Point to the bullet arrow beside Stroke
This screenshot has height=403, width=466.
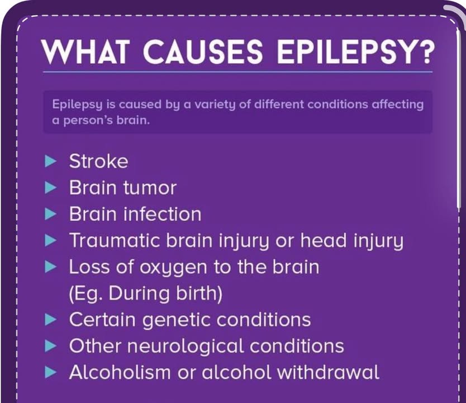click(50, 161)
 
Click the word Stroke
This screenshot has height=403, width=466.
click(99, 161)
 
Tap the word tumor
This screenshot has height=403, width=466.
click(150, 188)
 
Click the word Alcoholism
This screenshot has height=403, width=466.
click(120, 372)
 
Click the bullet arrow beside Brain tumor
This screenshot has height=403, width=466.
click(50, 188)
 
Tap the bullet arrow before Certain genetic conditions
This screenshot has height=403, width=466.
click(50, 320)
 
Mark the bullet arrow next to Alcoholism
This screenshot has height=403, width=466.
click(50, 372)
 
